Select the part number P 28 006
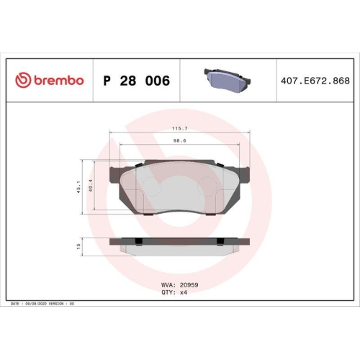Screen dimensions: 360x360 [137, 81]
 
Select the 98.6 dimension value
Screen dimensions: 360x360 [179, 143]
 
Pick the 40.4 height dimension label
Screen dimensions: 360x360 [91, 186]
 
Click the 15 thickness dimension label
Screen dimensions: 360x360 [78, 246]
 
